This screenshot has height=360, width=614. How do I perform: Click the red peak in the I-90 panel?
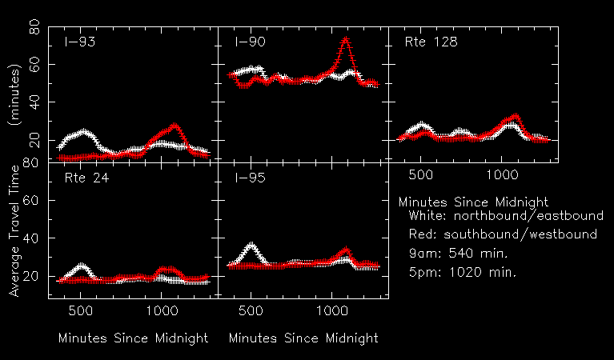[x=345, y=39]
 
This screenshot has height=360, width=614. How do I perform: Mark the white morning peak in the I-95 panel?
[x=252, y=245]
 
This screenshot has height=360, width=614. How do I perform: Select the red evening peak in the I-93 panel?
[x=175, y=126]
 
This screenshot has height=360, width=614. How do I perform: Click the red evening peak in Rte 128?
[x=515, y=117]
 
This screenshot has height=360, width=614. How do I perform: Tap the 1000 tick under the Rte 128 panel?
[x=503, y=174]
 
